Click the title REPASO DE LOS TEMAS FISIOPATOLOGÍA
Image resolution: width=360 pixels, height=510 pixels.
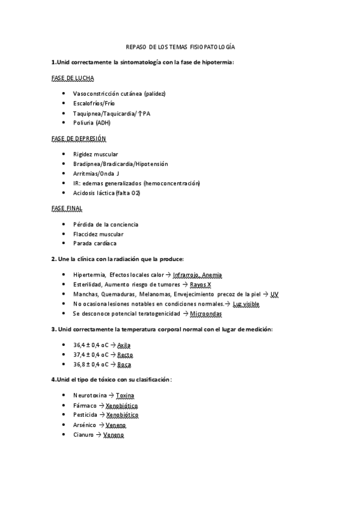click(x=180, y=47)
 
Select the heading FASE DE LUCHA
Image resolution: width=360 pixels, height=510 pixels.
click(x=73, y=78)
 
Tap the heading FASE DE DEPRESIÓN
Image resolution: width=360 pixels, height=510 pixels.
click(x=79, y=138)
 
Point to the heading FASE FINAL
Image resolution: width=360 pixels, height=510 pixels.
click(x=68, y=208)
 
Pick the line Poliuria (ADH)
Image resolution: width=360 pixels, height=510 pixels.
click(x=91, y=123)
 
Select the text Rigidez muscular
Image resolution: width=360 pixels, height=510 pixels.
click(x=96, y=154)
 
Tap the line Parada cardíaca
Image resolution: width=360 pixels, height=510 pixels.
click(x=95, y=244)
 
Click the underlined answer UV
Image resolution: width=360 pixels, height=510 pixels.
click(x=274, y=294)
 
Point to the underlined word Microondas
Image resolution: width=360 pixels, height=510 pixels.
click(x=206, y=314)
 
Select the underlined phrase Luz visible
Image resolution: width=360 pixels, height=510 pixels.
click(x=247, y=304)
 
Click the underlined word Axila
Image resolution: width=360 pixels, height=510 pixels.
click(x=124, y=345)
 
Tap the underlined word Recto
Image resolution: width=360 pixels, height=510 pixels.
click(x=125, y=355)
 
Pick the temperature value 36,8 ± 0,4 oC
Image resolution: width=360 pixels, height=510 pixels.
click(x=91, y=364)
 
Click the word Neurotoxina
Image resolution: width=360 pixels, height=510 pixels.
click(x=90, y=395)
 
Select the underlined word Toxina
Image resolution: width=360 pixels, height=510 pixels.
click(x=125, y=395)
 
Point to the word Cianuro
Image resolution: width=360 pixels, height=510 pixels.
click(x=84, y=434)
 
